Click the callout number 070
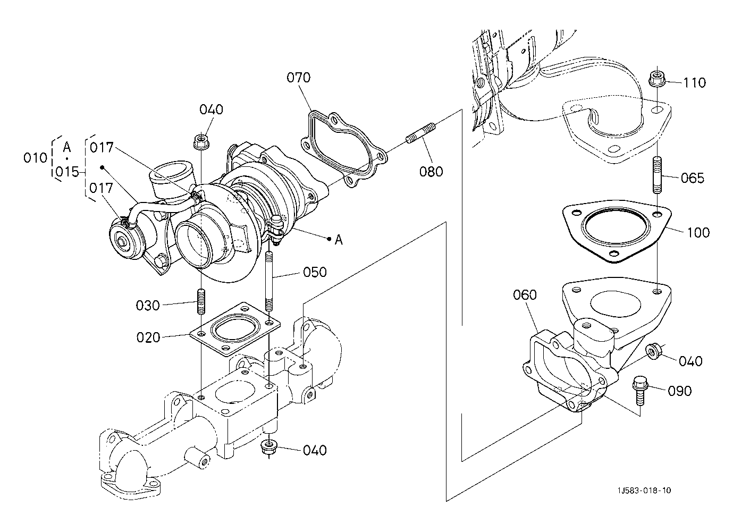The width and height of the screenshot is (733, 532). pyautogui.click(x=298, y=78)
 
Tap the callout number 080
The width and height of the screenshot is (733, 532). pyautogui.click(x=431, y=172)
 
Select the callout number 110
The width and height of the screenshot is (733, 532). pyautogui.click(x=695, y=82)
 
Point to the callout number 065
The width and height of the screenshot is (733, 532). pyautogui.click(x=693, y=178)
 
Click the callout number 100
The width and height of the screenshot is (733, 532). pyautogui.click(x=698, y=232)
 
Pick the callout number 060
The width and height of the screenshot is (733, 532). pyautogui.click(x=525, y=294)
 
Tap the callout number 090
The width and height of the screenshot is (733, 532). pyautogui.click(x=680, y=391)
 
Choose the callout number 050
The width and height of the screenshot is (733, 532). pyautogui.click(x=315, y=272)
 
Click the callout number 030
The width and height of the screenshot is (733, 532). pyautogui.click(x=148, y=306)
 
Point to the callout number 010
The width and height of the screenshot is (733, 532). pyautogui.click(x=36, y=158)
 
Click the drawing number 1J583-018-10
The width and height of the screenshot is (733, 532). pyautogui.click(x=645, y=491)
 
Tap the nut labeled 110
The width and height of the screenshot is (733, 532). pyautogui.click(x=656, y=80)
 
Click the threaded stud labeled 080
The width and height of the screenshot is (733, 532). pyautogui.click(x=421, y=132)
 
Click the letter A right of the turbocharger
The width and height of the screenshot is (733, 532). pyautogui.click(x=339, y=240)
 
